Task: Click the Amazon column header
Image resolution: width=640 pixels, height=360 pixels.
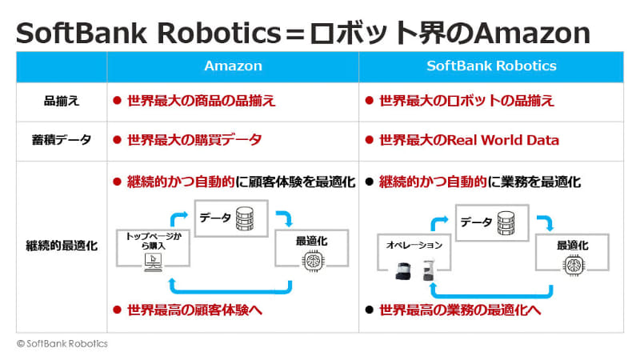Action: pyautogui.click(x=233, y=66)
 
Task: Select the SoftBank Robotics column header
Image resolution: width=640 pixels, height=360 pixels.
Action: pyautogui.click(x=490, y=66)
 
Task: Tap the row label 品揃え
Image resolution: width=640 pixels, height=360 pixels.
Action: pyautogui.click(x=62, y=102)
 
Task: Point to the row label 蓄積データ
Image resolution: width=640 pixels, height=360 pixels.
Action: pyautogui.click(x=62, y=140)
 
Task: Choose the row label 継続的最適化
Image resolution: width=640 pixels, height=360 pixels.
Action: pyautogui.click(x=62, y=246)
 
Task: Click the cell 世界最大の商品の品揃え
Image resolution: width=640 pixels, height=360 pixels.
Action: pyautogui.click(x=201, y=102)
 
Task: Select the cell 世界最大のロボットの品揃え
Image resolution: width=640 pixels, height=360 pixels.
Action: pyautogui.click(x=466, y=102)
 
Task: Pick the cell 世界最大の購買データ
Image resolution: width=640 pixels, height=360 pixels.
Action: pyautogui.click(x=194, y=140)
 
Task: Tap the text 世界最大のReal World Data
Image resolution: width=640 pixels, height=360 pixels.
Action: pyautogui.click(x=468, y=140)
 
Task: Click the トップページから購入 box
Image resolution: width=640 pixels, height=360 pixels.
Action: pyautogui.click(x=153, y=242)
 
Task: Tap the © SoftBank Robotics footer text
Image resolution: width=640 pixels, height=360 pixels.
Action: pyautogui.click(x=62, y=343)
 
